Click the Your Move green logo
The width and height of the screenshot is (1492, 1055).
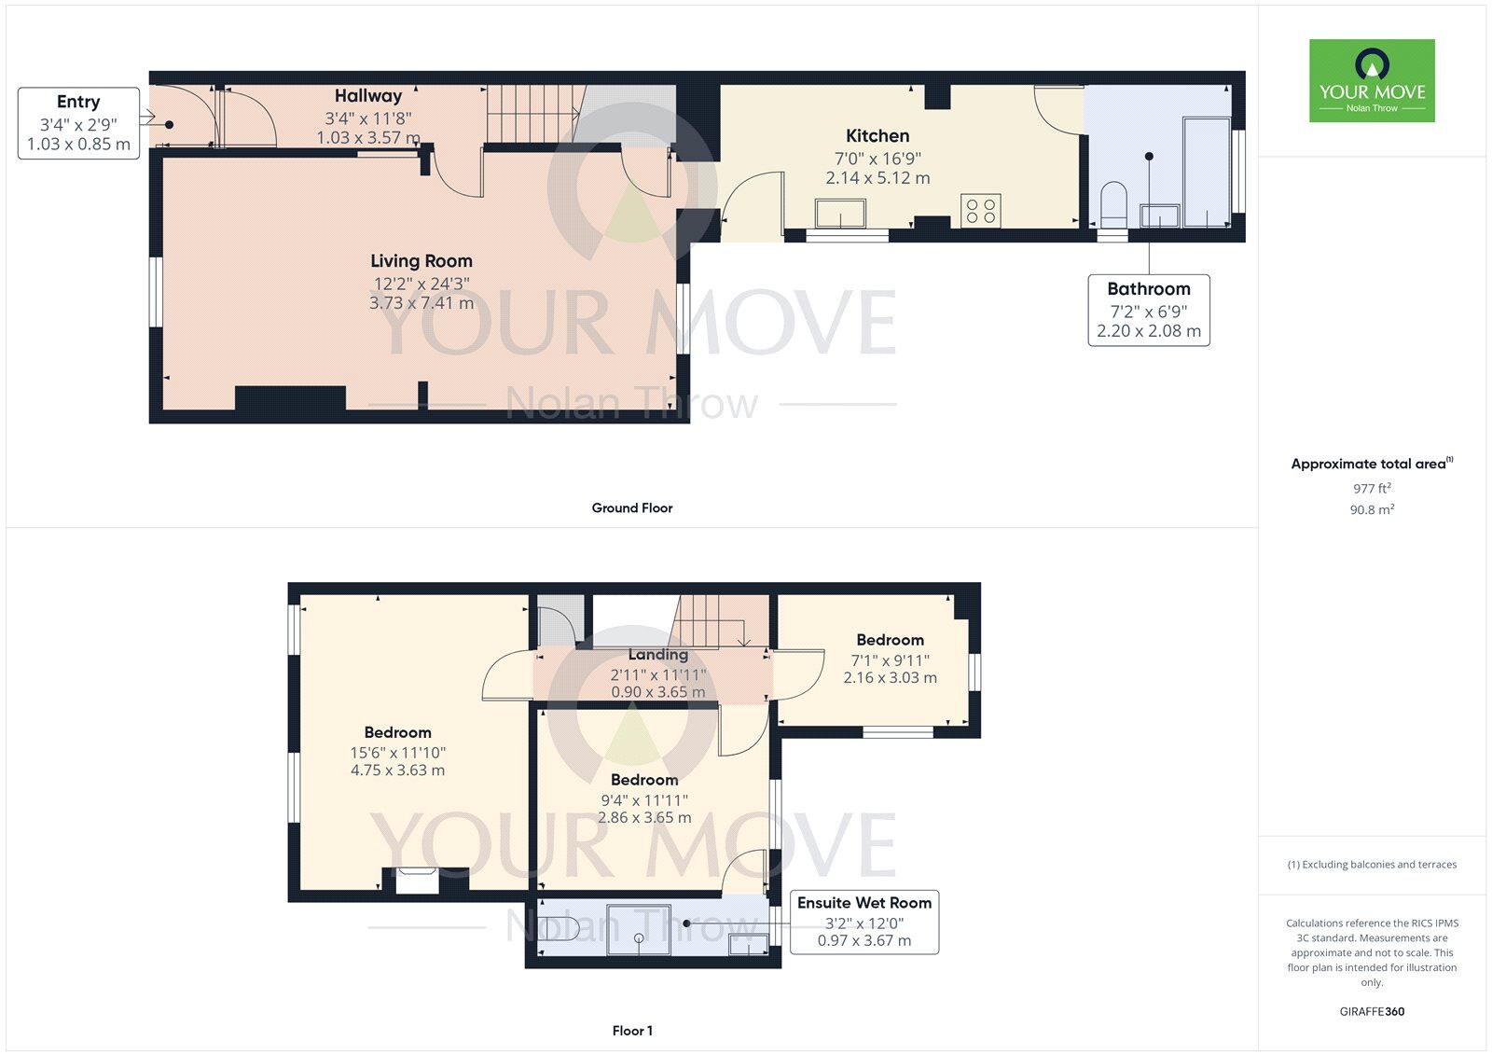[1371, 80]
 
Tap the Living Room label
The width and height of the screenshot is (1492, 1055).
[421, 261]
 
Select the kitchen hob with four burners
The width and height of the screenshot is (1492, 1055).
[980, 210]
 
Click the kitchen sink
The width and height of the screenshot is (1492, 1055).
[840, 214]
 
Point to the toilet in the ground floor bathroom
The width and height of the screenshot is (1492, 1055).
[1114, 205]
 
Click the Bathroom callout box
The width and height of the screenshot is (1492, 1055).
[1148, 310]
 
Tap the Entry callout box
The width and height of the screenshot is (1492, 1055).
[78, 122]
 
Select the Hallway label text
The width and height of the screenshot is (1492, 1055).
[368, 95]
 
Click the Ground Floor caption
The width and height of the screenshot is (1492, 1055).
[631, 507]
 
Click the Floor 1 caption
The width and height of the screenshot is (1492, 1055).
[631, 1031]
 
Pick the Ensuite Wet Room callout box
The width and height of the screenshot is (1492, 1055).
[863, 922]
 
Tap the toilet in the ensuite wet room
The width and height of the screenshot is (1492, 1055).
[561, 928]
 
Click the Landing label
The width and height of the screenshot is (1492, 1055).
[657, 655]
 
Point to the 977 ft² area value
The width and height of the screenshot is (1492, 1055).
[1371, 488]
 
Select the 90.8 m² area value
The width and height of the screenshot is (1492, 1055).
[1371, 509]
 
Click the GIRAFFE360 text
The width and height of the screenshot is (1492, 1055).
[1371, 1011]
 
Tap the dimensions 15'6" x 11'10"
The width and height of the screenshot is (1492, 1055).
[398, 753]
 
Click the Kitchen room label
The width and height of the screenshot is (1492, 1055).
[877, 136]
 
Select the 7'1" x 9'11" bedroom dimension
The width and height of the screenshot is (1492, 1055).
[890, 660]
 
